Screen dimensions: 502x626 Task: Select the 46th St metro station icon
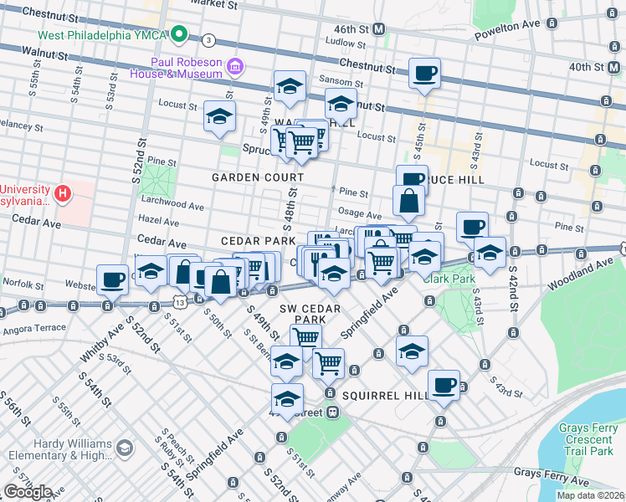[x=379, y=28]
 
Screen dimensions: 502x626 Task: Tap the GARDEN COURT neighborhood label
[x=258, y=177]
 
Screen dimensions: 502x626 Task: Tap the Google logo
[x=28, y=492]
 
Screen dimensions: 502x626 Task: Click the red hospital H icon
[x=61, y=193]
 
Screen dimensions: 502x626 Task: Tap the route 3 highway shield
[x=208, y=39]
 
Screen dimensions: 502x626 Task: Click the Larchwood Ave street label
[x=173, y=205]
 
